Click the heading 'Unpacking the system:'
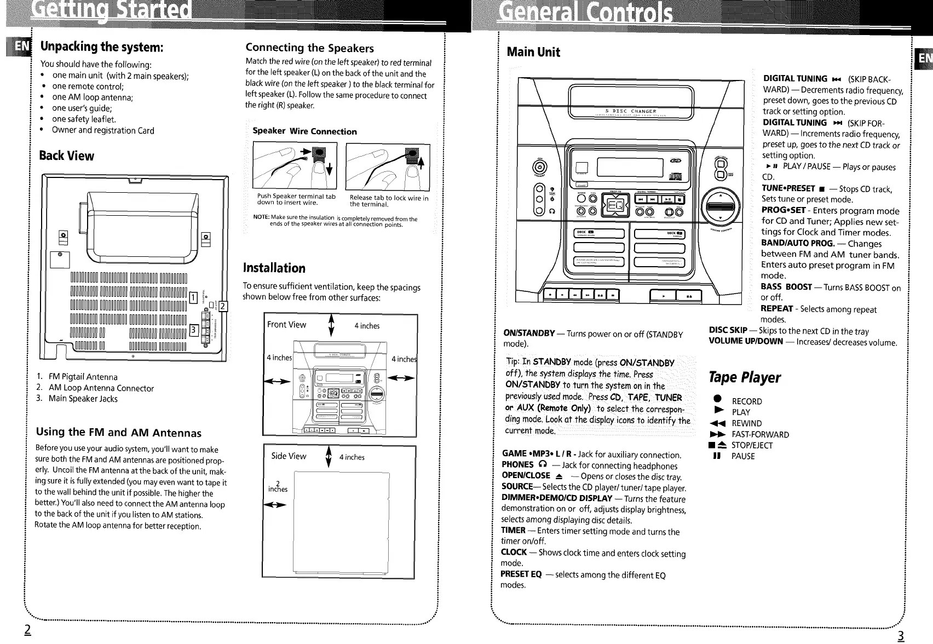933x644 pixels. (x=102, y=47)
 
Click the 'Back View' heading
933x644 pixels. (x=66, y=156)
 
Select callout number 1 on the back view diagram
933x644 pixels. (x=192, y=297)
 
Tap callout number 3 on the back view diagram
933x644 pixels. (x=192, y=329)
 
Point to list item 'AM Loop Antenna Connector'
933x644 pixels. (x=101, y=388)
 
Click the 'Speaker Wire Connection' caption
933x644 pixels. (x=304, y=131)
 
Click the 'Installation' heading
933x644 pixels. (x=274, y=268)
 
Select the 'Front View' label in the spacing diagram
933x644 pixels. (x=286, y=325)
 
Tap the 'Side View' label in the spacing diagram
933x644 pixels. (x=289, y=456)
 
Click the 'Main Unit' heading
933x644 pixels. (x=533, y=52)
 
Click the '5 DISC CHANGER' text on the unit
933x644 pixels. (x=630, y=111)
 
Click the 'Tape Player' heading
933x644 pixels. (x=744, y=377)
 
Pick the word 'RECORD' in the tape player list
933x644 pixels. (x=746, y=401)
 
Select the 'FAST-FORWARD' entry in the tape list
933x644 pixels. (x=760, y=434)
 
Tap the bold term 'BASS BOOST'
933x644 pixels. (x=786, y=287)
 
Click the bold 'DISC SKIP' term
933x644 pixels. (x=728, y=330)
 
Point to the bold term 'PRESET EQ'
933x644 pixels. (x=521, y=574)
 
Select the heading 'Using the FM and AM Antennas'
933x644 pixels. (x=118, y=433)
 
